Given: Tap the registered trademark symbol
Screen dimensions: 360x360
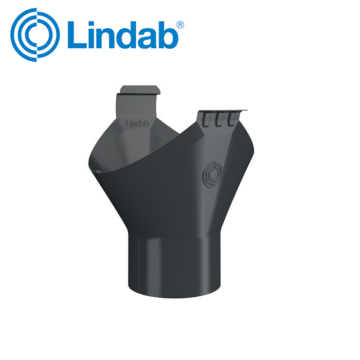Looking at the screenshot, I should coord(180,25).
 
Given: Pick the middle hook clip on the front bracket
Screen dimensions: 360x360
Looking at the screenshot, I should coord(219,119).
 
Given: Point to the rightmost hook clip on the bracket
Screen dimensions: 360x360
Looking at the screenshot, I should coord(231,119).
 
